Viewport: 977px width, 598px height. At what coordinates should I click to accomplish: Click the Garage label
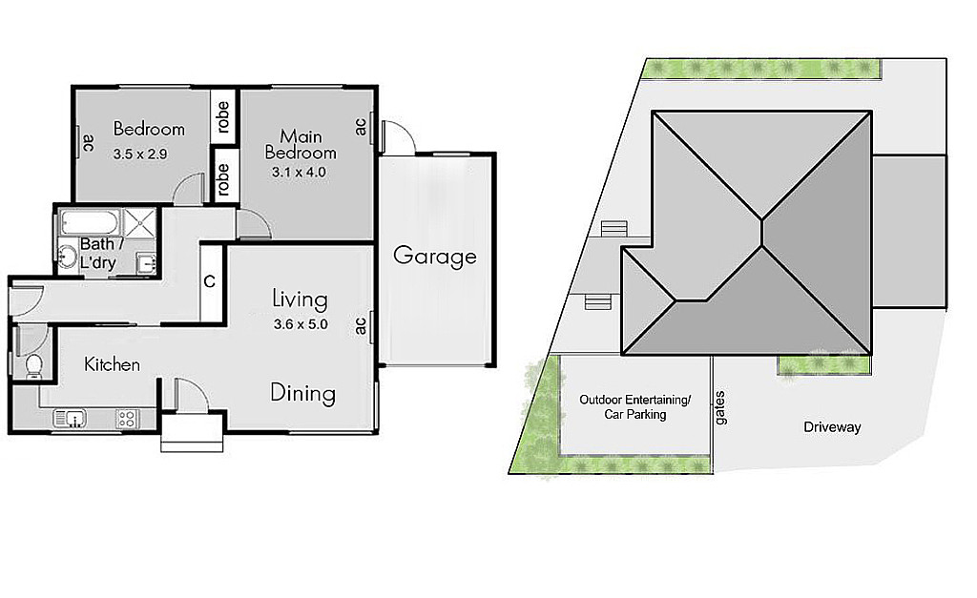pos(435,256)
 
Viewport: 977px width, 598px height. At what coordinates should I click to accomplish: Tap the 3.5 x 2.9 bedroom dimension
pos(140,154)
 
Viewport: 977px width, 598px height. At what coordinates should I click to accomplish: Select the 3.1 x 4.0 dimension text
pos(299,173)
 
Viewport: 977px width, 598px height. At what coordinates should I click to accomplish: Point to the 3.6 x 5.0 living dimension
pos(301,324)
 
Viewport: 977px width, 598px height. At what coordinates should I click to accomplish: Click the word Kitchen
pos(113,364)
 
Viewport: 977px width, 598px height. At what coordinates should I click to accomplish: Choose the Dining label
pos(302,394)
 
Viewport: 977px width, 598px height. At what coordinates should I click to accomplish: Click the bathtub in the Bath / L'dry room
pos(90,222)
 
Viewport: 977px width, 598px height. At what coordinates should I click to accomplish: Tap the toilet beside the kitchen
pos(33,366)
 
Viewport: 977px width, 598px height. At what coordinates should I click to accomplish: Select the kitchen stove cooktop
pos(127,419)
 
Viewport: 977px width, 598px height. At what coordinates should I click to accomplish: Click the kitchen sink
pos(70,418)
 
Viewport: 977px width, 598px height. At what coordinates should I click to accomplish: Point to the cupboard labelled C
pos(210,282)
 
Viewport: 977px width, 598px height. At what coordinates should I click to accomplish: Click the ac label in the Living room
pos(361,325)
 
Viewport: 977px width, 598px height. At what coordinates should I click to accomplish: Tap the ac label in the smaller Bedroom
pos(88,144)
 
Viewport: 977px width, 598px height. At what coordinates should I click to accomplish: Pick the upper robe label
pos(223,116)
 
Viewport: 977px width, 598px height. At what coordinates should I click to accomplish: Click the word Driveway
pos(832,427)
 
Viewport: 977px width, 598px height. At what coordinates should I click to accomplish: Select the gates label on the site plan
pos(720,408)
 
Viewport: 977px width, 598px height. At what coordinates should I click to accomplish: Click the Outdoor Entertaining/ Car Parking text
pos(634,407)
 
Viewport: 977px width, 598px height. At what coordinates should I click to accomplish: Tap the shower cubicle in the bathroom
pos(140,222)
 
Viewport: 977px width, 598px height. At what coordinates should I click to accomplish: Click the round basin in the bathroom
pos(67,256)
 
